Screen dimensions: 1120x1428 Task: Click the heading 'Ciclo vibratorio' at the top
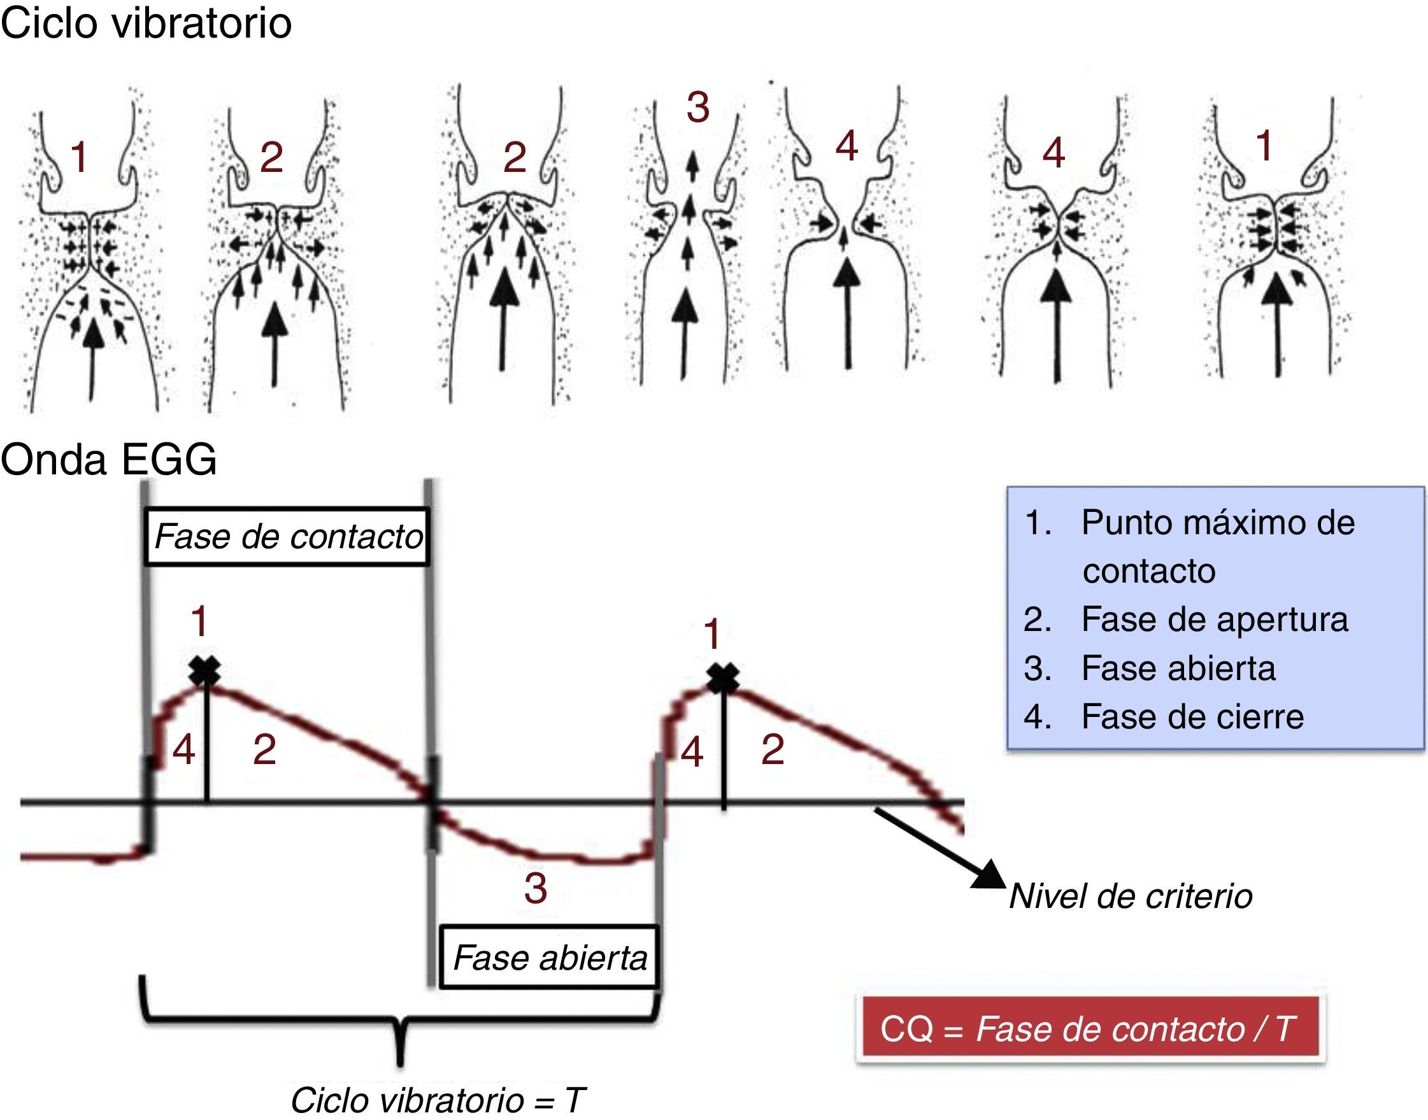146,25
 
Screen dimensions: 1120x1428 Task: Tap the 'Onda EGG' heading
109,459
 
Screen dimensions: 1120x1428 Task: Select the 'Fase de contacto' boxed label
287,536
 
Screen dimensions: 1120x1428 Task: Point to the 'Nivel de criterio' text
1130,896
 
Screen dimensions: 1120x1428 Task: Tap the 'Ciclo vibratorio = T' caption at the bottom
437,1100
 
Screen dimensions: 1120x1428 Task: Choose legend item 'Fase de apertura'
1213,620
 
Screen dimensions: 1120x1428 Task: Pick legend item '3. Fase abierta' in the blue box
1178,668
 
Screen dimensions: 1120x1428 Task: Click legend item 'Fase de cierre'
1192,717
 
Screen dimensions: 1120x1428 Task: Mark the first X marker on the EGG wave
205,672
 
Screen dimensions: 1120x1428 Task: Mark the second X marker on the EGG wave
724,678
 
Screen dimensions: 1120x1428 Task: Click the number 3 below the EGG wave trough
536,888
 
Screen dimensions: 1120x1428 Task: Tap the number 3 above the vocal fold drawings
698,108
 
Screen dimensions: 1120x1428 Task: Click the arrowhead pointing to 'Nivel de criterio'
989,875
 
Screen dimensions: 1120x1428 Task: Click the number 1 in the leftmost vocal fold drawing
80,157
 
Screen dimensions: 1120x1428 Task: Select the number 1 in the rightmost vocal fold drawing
1264,146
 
